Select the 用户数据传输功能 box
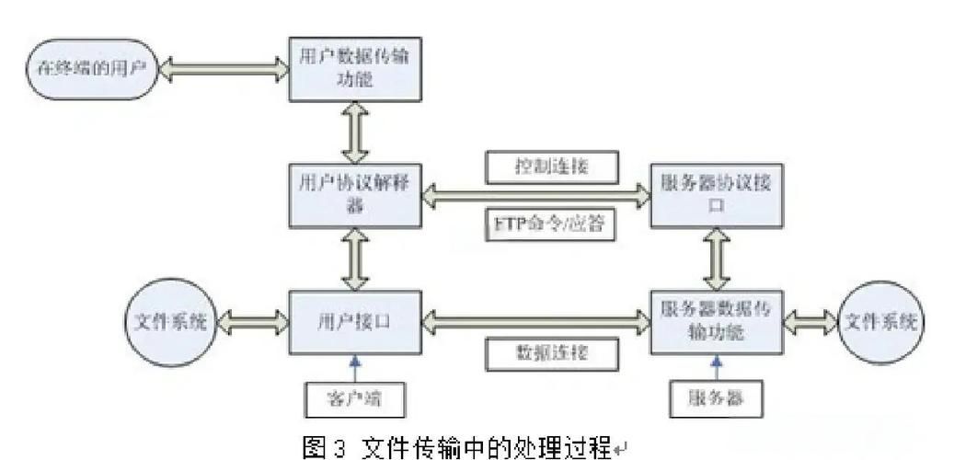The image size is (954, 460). pyautogui.click(x=355, y=69)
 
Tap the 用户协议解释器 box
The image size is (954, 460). pyautogui.click(x=355, y=193)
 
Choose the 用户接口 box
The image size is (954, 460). pyautogui.click(x=355, y=322)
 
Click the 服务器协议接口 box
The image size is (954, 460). pyautogui.click(x=717, y=193)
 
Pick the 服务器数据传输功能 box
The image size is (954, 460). pyautogui.click(x=717, y=322)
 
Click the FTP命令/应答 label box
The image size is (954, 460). pyautogui.click(x=549, y=224)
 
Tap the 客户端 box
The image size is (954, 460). pyautogui.click(x=354, y=397)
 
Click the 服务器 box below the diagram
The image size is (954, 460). pyautogui.click(x=717, y=397)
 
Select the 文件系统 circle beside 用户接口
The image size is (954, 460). pyautogui.click(x=168, y=322)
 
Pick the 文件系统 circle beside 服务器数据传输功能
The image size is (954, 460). pyautogui.click(x=880, y=322)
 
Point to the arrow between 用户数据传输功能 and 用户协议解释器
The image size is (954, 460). pyautogui.click(x=355, y=132)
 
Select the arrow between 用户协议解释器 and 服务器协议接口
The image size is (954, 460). pyautogui.click(x=536, y=194)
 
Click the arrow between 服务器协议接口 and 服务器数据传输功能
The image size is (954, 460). pyautogui.click(x=717, y=258)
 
